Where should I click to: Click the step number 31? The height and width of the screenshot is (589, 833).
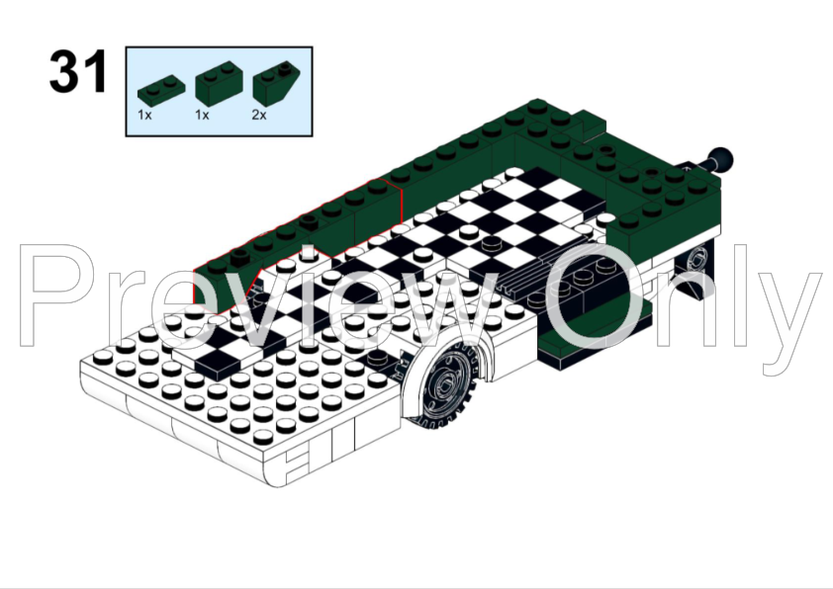coord(78,70)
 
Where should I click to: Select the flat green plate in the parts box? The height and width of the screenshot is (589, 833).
coord(161,92)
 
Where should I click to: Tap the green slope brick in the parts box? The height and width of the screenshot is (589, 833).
coord(276,83)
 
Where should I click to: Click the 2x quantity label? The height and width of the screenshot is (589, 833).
coord(259,116)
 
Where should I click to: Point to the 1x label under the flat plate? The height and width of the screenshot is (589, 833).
coord(144,116)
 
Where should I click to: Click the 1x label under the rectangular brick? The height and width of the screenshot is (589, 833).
coord(202,116)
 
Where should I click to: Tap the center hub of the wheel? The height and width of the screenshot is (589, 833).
coord(445,383)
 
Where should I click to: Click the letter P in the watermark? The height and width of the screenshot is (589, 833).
coord(58,295)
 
